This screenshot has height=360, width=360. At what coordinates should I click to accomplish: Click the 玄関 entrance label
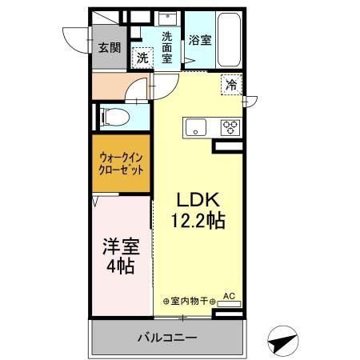pos(110,47)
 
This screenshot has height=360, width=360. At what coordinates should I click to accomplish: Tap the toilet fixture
pos(114,117)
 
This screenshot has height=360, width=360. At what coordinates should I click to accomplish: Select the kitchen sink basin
pos(197,126)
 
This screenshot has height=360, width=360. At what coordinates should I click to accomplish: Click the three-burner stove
pos(230,126)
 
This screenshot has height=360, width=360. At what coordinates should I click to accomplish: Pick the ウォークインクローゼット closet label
pos(122,165)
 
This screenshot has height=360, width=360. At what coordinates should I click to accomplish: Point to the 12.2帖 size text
pos(197,218)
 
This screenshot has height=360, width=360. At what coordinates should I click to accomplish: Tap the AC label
pos(229,296)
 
